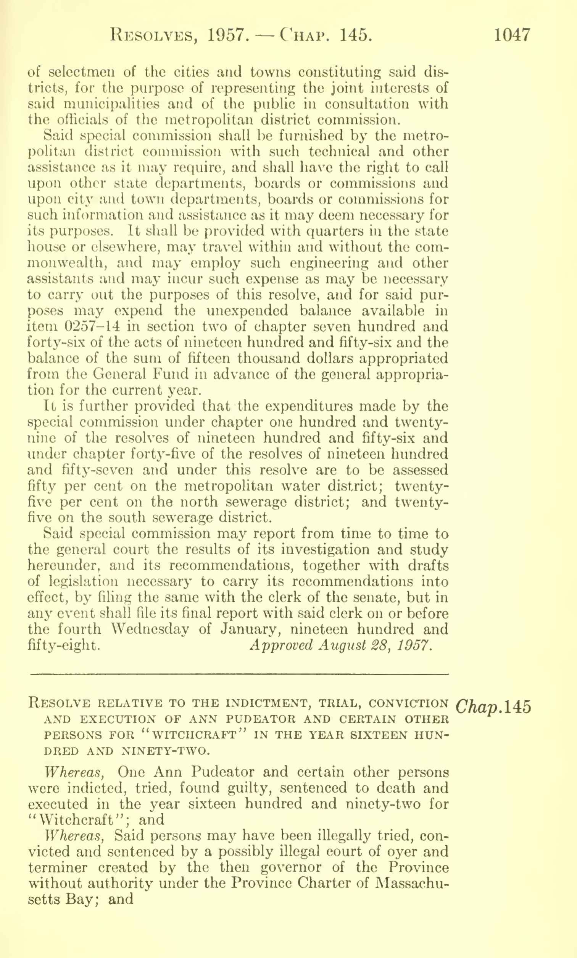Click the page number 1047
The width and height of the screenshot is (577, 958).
click(x=512, y=36)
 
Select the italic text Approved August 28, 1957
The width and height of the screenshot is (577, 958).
click(x=340, y=646)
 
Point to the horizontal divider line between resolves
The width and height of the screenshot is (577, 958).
click(x=239, y=674)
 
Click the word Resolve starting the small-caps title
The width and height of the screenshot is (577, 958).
click(x=60, y=703)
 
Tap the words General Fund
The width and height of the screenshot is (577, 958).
click(x=123, y=374)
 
